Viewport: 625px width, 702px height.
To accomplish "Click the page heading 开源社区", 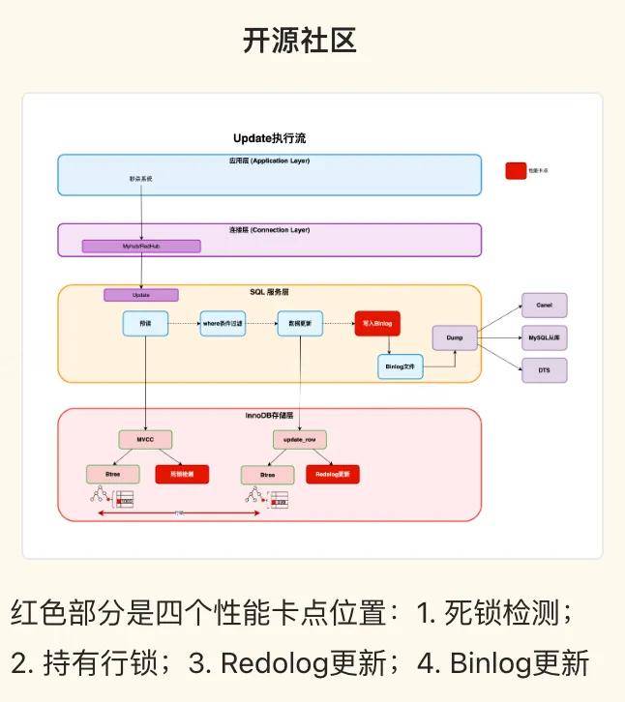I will [300, 41].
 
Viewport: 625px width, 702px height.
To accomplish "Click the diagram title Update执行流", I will [270, 138].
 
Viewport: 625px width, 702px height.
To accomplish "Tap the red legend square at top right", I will [516, 170].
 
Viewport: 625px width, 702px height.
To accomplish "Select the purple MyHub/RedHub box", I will [141, 247].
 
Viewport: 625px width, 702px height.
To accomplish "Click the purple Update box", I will [141, 295].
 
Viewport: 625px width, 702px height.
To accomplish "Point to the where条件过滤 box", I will [223, 323].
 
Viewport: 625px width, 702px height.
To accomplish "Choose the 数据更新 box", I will [299, 323].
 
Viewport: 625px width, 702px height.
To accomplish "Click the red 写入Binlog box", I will [377, 323].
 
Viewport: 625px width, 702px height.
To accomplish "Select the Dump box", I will [455, 339].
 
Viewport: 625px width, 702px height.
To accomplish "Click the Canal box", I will [544, 305].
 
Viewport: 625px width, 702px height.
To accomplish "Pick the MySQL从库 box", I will [544, 337].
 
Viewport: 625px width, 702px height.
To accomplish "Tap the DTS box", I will [544, 369].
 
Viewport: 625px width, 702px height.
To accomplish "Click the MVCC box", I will [145, 440].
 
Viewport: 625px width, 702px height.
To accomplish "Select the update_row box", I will [299, 440].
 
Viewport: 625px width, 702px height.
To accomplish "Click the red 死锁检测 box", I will [182, 475].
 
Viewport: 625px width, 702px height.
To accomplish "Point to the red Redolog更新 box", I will [333, 475].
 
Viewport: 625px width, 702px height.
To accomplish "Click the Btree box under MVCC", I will [111, 475].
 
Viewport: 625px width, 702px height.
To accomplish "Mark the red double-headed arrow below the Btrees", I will [180, 512].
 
